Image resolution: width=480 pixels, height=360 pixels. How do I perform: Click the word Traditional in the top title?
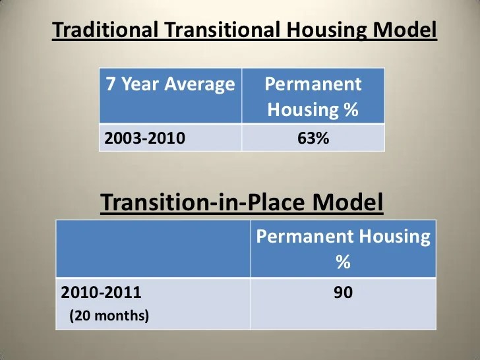[105, 30]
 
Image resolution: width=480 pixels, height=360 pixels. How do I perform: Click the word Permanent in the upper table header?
[313, 84]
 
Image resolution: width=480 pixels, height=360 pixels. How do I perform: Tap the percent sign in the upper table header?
[351, 109]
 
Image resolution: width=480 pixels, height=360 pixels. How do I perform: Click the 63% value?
[313, 139]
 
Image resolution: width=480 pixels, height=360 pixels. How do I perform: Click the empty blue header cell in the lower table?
[153, 249]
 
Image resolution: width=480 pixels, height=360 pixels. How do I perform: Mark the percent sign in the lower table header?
[343, 262]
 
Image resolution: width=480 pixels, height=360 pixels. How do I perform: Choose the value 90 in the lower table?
[343, 292]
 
